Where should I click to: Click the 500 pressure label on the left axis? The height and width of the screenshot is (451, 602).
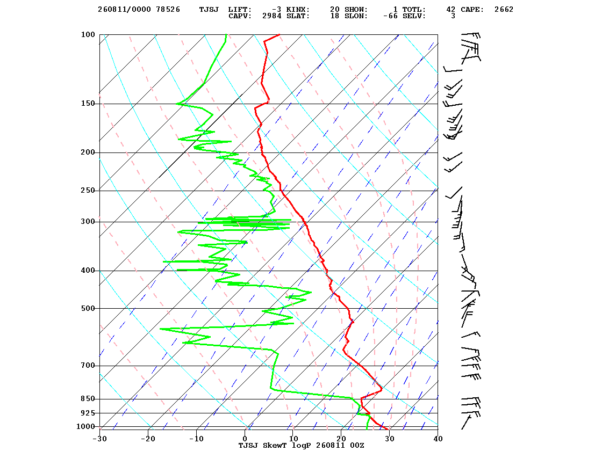click(x=88, y=308)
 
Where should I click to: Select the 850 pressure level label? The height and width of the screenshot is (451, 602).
click(x=88, y=399)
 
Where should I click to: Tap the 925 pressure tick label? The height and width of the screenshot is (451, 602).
click(x=88, y=413)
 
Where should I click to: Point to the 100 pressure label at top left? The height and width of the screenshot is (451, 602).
click(x=88, y=34)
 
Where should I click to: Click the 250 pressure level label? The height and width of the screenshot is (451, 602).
click(x=88, y=190)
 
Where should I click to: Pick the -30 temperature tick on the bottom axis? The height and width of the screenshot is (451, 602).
click(x=100, y=439)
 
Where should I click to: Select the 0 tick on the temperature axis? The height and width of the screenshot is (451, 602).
click(x=245, y=439)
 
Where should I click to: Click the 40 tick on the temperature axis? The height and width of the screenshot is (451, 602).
click(x=438, y=439)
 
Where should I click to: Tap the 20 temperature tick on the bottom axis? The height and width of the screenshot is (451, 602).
click(x=341, y=439)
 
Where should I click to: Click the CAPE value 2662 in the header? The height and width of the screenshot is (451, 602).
click(x=504, y=10)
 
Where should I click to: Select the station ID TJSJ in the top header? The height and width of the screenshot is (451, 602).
click(x=209, y=10)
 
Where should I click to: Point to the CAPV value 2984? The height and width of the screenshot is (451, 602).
click(x=272, y=16)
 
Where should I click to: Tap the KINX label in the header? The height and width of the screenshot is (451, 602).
click(x=298, y=10)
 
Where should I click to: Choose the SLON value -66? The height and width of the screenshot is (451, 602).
click(x=390, y=16)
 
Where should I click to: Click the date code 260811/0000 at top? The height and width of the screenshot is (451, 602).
click(x=124, y=10)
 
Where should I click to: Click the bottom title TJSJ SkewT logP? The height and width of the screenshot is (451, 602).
click(x=276, y=445)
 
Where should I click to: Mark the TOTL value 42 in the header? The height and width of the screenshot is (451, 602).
click(x=451, y=10)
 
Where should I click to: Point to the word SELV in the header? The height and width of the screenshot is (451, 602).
click(x=414, y=16)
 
